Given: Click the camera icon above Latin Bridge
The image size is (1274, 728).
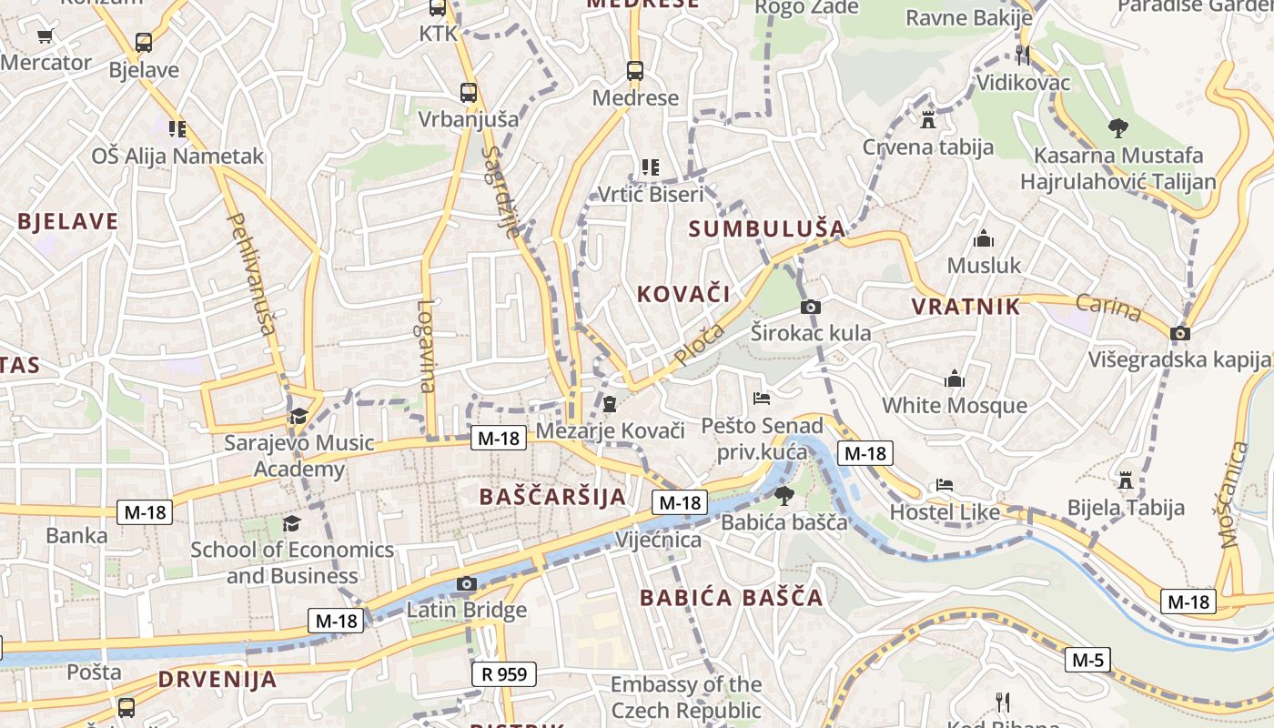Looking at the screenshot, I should pos(466,583).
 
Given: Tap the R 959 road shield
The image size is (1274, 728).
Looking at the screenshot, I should pos(504,674).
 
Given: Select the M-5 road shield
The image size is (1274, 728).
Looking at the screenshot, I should pos(1087,660).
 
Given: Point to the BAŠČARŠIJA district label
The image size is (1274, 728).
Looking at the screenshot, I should pos(552,497).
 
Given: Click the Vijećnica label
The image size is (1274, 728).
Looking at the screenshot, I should pos(659,540).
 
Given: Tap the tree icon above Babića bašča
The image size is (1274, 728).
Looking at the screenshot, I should pos(784,496).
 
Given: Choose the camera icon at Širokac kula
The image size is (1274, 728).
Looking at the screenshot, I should pos(810,307).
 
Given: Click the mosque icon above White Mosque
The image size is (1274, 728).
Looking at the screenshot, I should pos(954,378).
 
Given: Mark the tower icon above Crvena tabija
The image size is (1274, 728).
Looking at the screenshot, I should pos(928,119).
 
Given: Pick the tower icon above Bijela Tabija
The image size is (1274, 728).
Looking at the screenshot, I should pos(1126,480).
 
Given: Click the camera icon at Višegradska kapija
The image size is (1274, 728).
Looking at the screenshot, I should pos(1180,333).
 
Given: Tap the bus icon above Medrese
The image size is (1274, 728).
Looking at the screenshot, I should pos(635,70).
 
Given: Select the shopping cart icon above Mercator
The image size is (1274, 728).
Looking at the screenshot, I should pos(45,36).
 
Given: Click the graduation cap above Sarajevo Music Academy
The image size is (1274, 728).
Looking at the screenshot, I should pos(298,417).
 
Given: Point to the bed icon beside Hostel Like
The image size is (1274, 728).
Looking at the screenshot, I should pos(945,485).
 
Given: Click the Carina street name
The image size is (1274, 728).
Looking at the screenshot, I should pos(1107,308).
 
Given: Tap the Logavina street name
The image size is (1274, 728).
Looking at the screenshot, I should pos(426,346).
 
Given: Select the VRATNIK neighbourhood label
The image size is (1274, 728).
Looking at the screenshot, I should pos(966,307).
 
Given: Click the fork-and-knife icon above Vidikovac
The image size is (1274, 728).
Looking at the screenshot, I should pos(1023,56).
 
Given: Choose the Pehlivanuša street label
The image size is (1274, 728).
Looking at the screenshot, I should pos(249,273).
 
